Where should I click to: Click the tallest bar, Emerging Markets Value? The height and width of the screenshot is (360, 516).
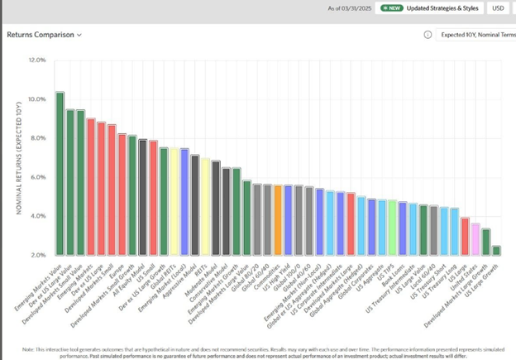coord(60,174)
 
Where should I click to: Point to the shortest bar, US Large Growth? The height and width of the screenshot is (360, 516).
coord(496,250)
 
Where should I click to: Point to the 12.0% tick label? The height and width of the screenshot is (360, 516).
coord(36,60)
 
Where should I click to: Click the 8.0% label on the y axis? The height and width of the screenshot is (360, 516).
coord(38,138)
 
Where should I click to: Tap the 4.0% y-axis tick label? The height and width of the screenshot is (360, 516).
coord(38,216)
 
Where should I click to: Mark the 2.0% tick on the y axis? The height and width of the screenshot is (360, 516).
coord(38,255)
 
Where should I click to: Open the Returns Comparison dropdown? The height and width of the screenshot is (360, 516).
coord(45,35)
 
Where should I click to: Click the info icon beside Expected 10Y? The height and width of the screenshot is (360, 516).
coord(428,35)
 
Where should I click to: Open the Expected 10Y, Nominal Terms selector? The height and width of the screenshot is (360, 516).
coord(476,35)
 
